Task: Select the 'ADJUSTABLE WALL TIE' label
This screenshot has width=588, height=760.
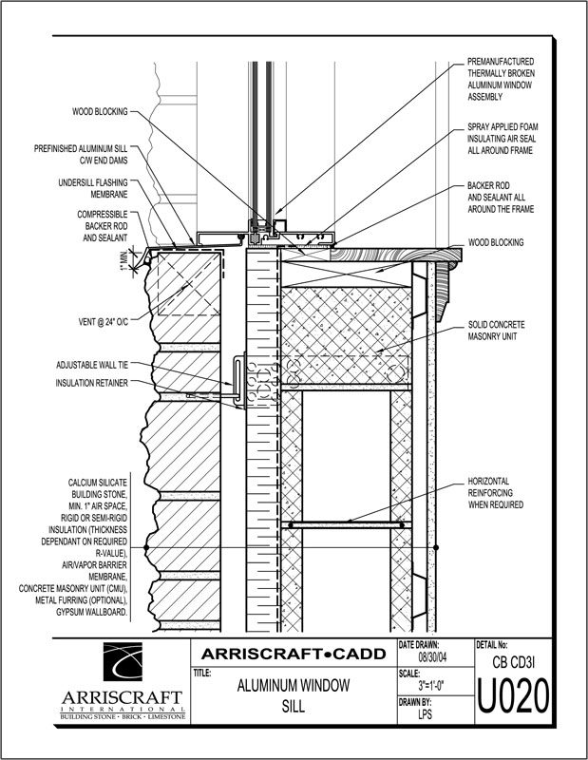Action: (91, 365)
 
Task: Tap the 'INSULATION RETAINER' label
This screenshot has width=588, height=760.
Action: (93, 384)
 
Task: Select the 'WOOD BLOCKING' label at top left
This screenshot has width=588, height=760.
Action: (100, 111)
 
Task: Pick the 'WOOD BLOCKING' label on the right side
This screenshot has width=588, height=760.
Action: (495, 243)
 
